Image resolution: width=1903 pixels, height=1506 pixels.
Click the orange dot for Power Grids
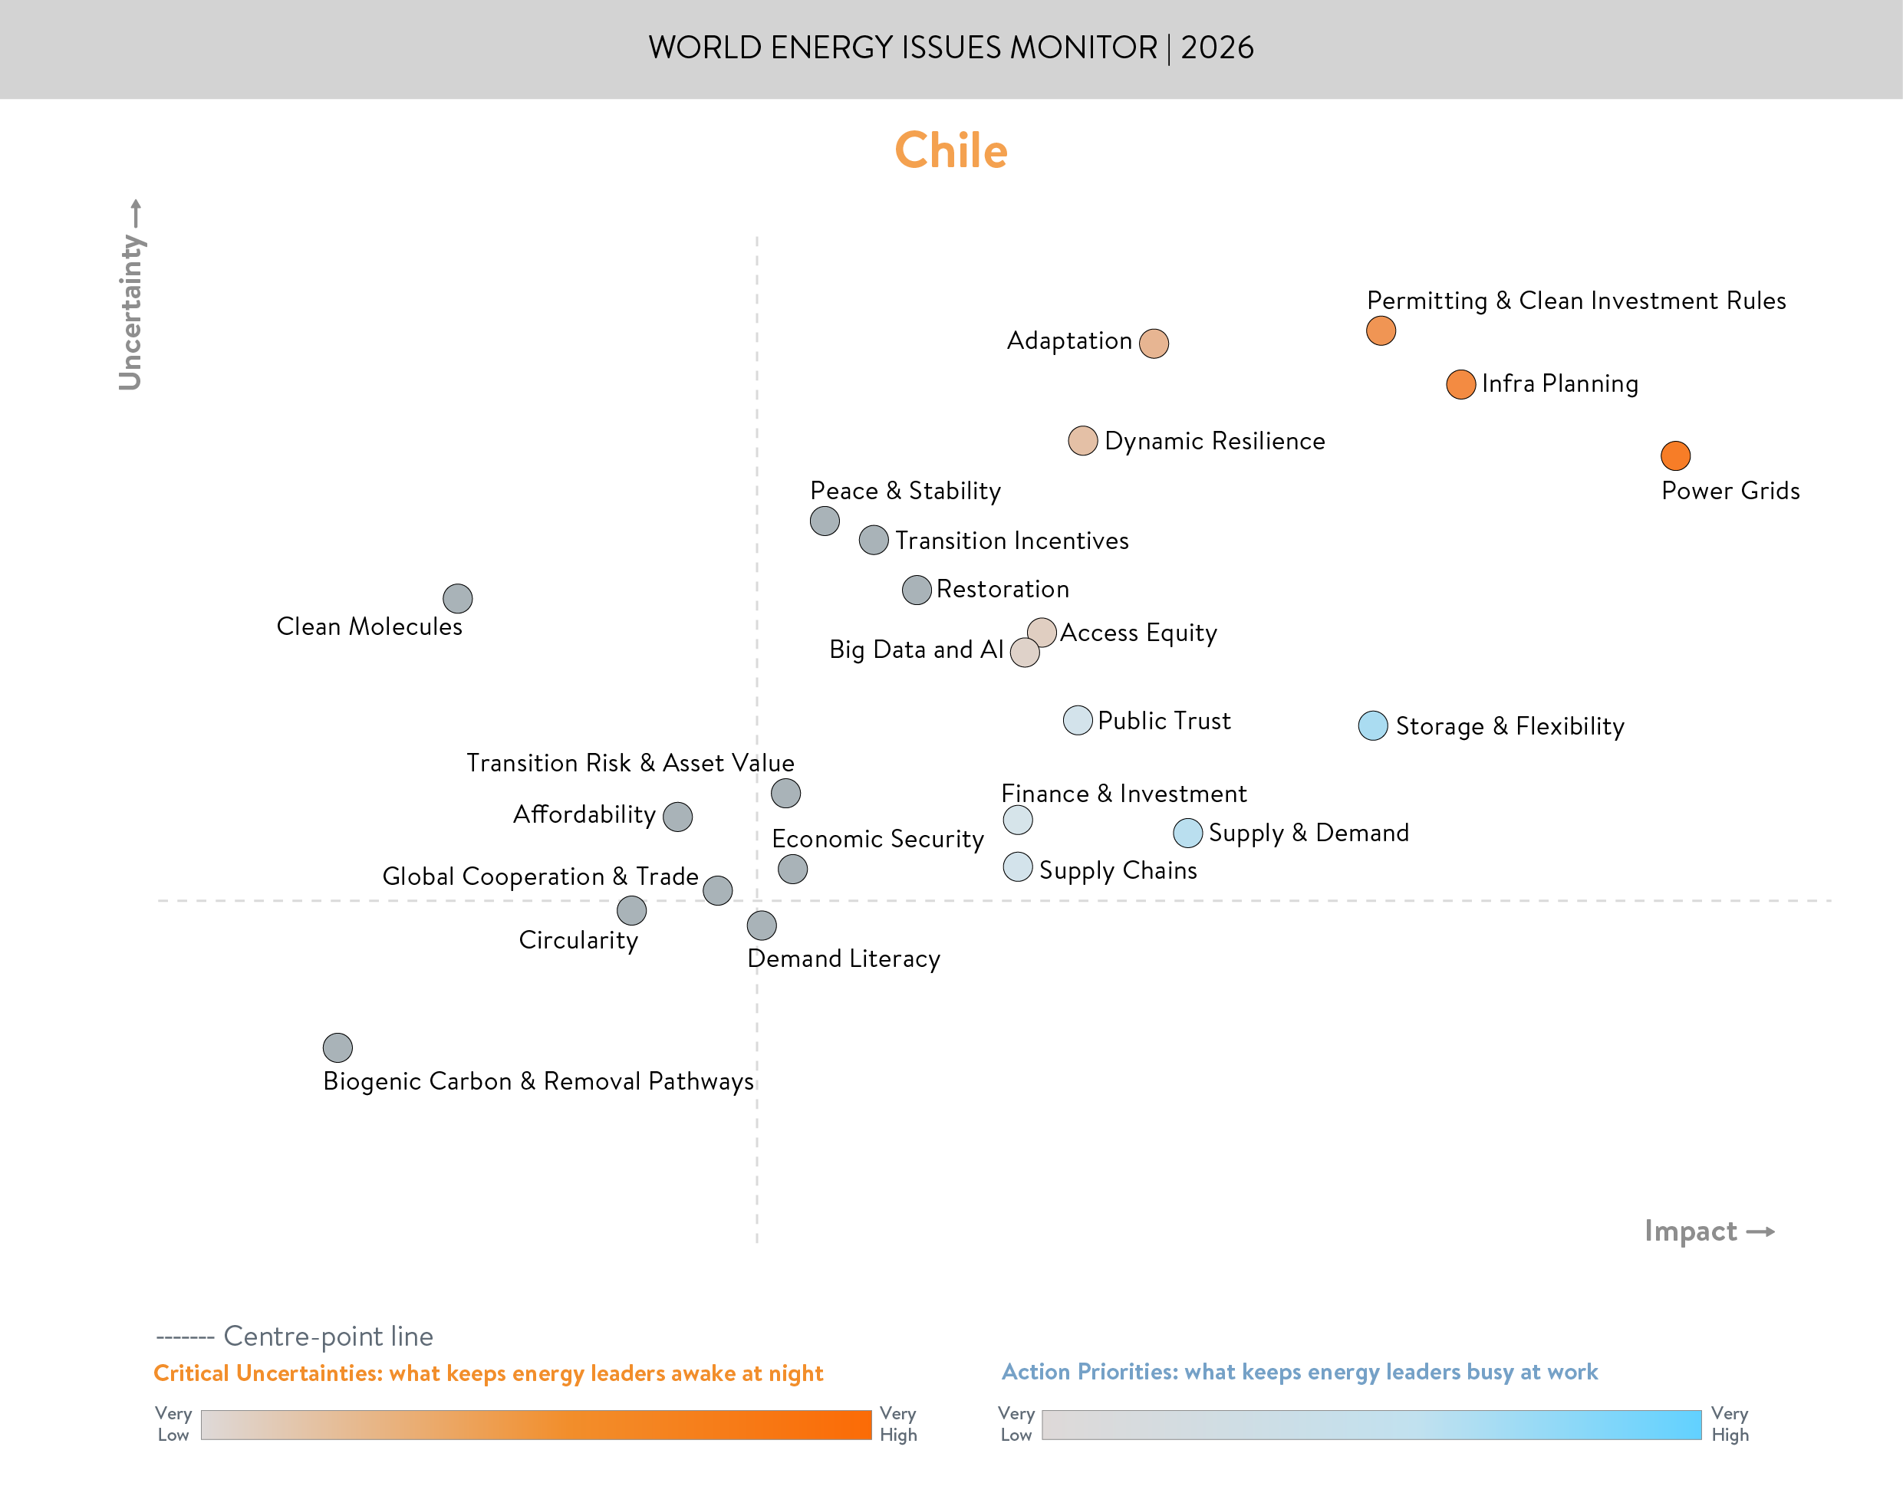[1674, 455]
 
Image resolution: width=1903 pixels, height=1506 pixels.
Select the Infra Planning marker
[1460, 384]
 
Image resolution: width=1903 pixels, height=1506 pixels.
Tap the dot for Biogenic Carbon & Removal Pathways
[337, 1047]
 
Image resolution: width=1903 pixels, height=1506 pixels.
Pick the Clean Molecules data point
[458, 599]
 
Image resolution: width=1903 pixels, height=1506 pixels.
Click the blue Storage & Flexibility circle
[1372, 725]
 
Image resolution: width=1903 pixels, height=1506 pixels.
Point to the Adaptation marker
[1154, 343]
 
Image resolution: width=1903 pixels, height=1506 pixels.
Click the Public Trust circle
[1078, 720]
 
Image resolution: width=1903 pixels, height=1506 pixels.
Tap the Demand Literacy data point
[762, 925]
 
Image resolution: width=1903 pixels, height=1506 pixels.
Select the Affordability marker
[677, 817]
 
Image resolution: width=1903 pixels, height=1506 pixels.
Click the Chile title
[950, 150]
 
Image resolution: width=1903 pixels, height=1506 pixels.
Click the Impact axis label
[1691, 1231]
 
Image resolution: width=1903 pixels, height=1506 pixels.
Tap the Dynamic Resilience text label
[1214, 441]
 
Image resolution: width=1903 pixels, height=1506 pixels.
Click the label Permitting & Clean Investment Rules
[1575, 301]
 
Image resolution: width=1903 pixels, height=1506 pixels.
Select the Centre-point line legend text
[328, 1336]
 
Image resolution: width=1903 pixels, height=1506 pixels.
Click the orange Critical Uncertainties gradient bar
[535, 1425]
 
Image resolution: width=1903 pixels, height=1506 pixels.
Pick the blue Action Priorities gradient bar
[1371, 1425]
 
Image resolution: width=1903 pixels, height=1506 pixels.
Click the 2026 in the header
[1217, 48]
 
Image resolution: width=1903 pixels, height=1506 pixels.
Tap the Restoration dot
[917, 590]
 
